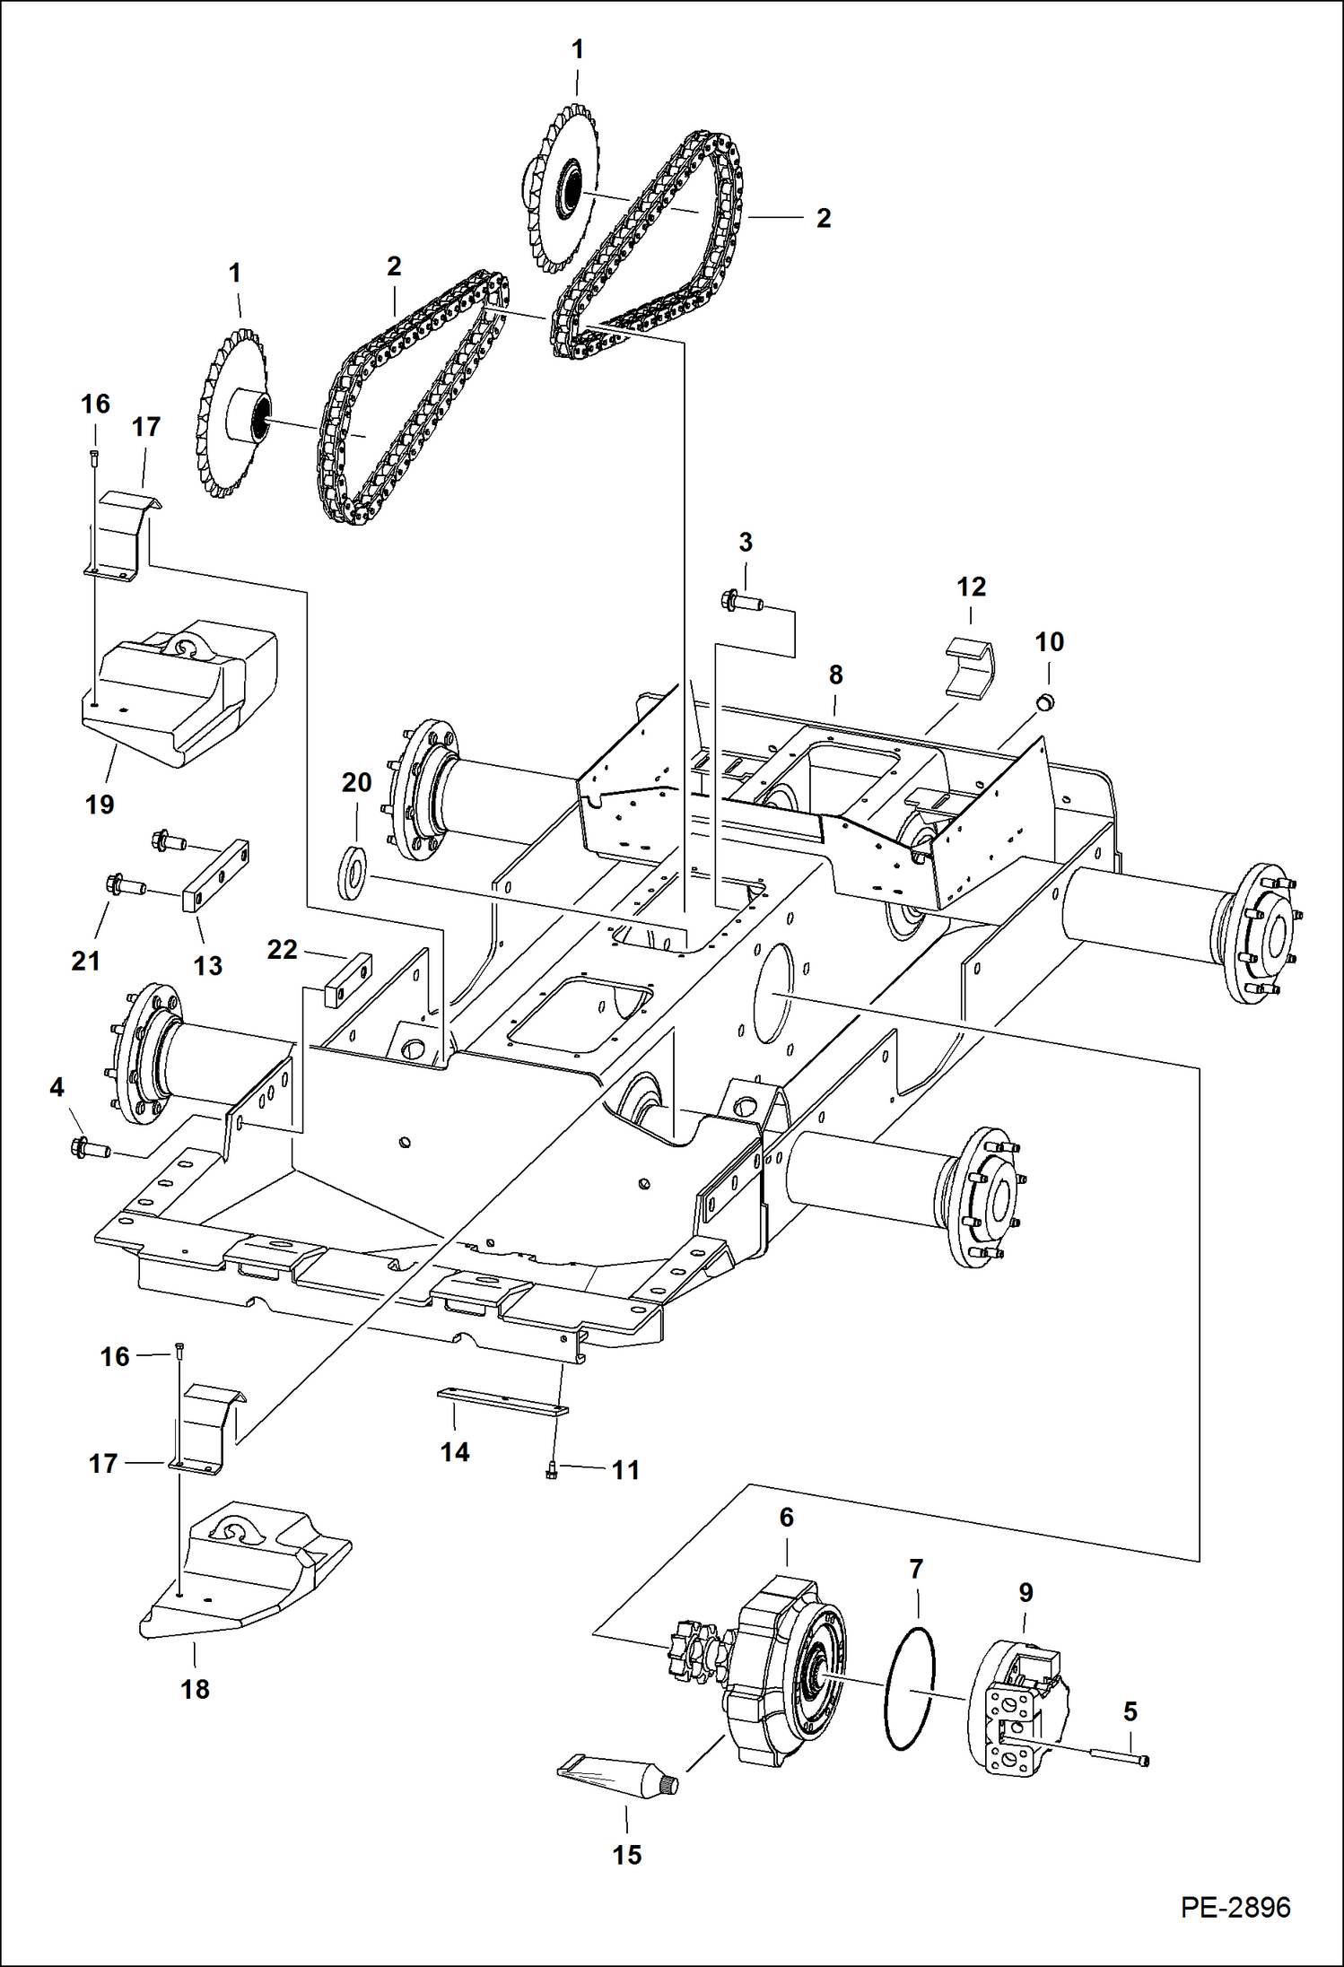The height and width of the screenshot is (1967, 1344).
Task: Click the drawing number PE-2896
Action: coord(1235,1907)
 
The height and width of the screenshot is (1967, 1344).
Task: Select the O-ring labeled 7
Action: coord(910,1690)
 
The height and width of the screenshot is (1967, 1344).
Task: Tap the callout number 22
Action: coord(282,949)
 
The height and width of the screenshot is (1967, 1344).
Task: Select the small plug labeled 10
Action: coord(1045,701)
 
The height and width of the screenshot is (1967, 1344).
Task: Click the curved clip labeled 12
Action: coord(971,667)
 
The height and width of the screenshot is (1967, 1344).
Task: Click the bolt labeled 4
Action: coord(90,1147)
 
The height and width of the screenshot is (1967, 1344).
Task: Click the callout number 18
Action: coord(195,1689)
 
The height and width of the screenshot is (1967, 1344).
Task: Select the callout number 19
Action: coord(100,805)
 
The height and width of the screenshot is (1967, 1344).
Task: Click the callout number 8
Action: coord(835,675)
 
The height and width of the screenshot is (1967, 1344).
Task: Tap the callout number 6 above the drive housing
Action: coord(786,1517)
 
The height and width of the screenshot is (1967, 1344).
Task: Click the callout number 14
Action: coord(454,1452)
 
